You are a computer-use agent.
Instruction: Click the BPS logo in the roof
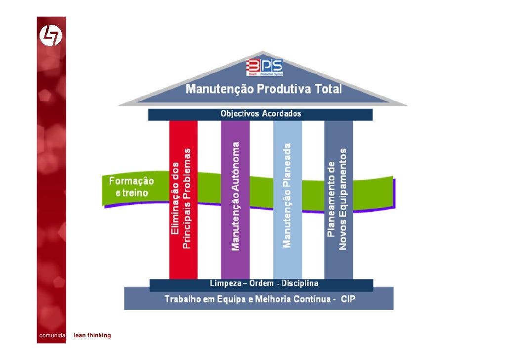point(264,67)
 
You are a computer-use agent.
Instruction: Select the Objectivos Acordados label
point(260,114)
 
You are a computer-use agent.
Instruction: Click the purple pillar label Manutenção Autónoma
point(235,195)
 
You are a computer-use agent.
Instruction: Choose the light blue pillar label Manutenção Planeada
point(287,195)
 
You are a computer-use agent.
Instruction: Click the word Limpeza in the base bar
point(224,284)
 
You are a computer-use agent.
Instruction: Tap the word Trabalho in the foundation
point(183,299)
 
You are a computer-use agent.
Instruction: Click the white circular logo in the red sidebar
point(51,35)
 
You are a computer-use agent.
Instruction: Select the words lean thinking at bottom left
point(92,336)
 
